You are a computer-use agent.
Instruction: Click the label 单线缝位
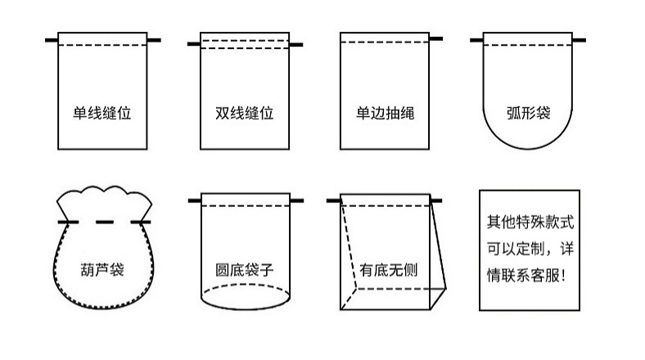coord(102,112)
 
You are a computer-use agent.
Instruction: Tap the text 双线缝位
coord(245,112)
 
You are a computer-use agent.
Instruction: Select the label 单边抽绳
coord(385,112)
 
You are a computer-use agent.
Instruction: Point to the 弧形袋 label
coord(527,112)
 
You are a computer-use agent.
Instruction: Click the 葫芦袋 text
coord(103,268)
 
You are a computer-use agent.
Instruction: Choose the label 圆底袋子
coord(245,268)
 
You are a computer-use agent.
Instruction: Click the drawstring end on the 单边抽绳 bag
coord(436,38)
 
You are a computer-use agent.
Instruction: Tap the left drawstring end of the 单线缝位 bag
coord(52,38)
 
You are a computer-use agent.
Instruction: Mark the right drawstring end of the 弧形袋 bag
coord(578,38)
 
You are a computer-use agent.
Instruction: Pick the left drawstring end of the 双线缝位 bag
coord(193,43)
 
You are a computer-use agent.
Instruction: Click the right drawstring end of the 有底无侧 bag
coord(436,200)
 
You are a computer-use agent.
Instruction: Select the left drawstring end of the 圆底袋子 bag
coord(195,200)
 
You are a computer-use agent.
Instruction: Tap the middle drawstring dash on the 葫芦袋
coord(103,221)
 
